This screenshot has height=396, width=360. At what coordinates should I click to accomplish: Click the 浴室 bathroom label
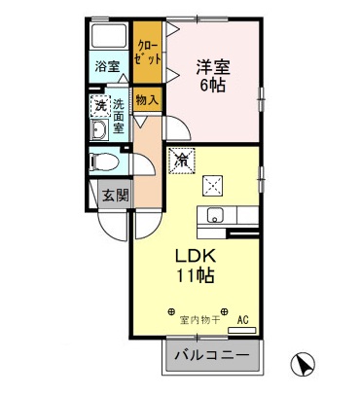(x=107, y=67)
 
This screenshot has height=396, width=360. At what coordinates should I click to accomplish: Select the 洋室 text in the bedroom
(x=211, y=67)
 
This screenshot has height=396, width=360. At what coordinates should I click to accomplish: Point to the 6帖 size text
(x=211, y=87)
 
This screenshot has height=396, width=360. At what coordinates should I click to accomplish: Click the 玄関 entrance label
(x=114, y=194)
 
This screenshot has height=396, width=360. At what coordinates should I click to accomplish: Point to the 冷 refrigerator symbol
(x=181, y=162)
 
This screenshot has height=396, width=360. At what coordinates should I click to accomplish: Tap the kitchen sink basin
(x=215, y=215)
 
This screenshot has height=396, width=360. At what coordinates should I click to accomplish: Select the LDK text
(x=196, y=255)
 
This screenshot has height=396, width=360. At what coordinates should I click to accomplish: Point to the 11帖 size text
(x=196, y=274)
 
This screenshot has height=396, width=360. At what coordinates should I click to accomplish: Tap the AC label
(x=242, y=317)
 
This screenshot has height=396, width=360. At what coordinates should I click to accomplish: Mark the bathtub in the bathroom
(x=108, y=38)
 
